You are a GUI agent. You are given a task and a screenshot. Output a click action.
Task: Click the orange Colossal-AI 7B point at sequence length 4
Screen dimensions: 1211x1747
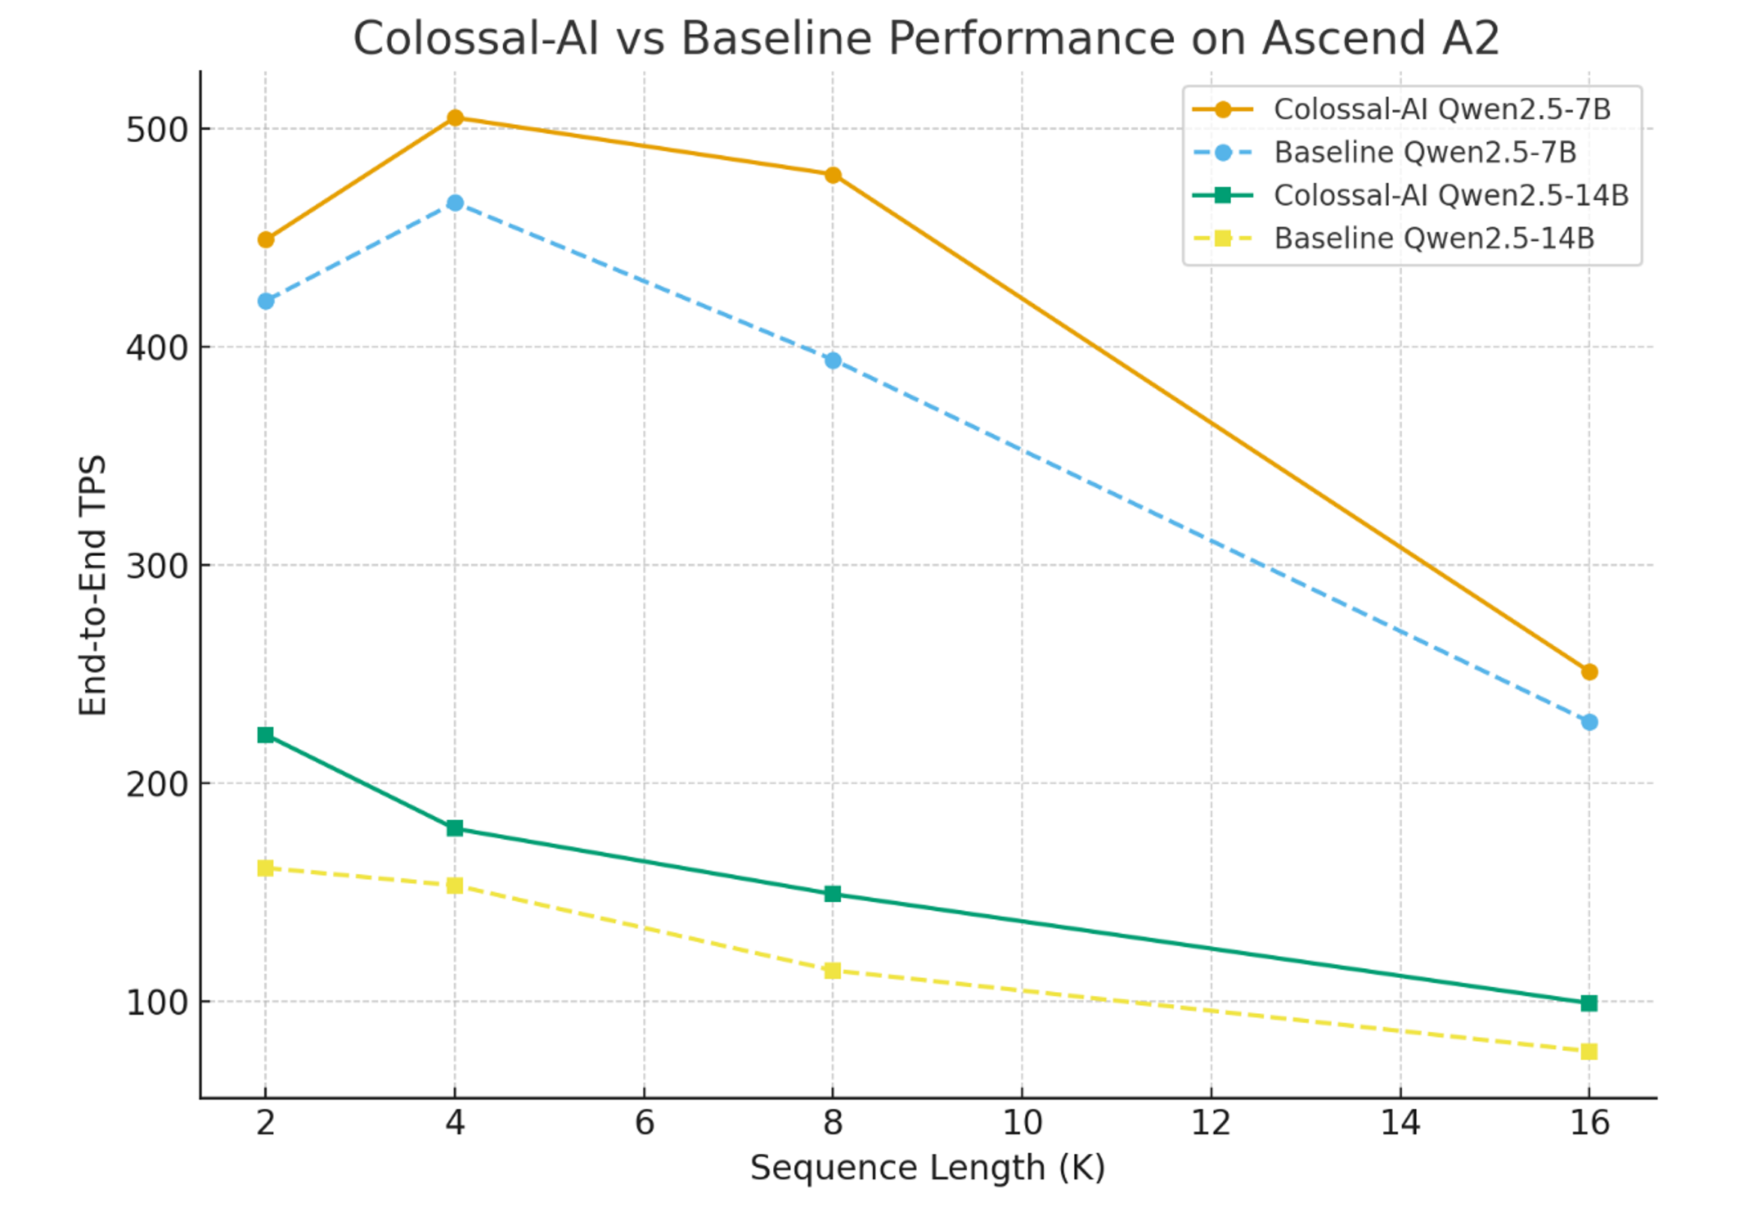pyautogui.click(x=454, y=117)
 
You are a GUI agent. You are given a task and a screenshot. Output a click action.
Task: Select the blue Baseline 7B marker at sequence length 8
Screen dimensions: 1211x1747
pyautogui.click(x=833, y=360)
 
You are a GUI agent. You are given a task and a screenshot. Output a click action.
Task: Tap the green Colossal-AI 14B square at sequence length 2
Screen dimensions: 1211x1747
pyautogui.click(x=265, y=734)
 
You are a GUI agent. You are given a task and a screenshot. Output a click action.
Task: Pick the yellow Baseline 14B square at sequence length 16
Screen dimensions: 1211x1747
pyautogui.click(x=1588, y=1051)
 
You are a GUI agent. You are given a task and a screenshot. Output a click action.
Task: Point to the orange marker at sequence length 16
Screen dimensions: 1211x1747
pyautogui.click(x=1588, y=672)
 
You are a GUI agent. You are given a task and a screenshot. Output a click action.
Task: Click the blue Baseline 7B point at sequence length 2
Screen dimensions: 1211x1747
pyautogui.click(x=265, y=301)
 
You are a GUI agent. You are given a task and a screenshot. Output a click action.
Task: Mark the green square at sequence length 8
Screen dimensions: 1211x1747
pyautogui.click(x=833, y=894)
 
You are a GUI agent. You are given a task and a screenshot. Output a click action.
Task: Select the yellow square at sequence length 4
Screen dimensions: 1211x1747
pyautogui.click(x=454, y=885)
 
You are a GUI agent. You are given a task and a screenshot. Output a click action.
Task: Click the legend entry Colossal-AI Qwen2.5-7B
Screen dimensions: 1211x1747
pyautogui.click(x=1442, y=109)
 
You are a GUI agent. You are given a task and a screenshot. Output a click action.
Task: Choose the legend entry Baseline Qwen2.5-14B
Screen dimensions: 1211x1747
pyautogui.click(x=1433, y=238)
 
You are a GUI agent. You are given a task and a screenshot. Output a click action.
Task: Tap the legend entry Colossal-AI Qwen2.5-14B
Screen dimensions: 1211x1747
pyautogui.click(x=1451, y=196)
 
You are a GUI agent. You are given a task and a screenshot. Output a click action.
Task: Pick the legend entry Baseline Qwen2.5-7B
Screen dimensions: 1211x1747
pyautogui.click(x=1424, y=153)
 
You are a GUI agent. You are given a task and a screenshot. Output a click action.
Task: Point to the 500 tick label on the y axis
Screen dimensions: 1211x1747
pyautogui.click(x=156, y=129)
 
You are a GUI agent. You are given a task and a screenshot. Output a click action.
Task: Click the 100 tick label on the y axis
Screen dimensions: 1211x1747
pyautogui.click(x=156, y=1003)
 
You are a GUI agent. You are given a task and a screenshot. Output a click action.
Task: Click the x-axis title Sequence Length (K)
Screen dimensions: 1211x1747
pyautogui.click(x=927, y=1167)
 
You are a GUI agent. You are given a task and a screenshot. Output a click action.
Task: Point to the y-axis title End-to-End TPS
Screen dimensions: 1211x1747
pyautogui.click(x=93, y=584)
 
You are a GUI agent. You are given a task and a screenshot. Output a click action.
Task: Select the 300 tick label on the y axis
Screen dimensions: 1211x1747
pyautogui.click(x=156, y=566)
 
